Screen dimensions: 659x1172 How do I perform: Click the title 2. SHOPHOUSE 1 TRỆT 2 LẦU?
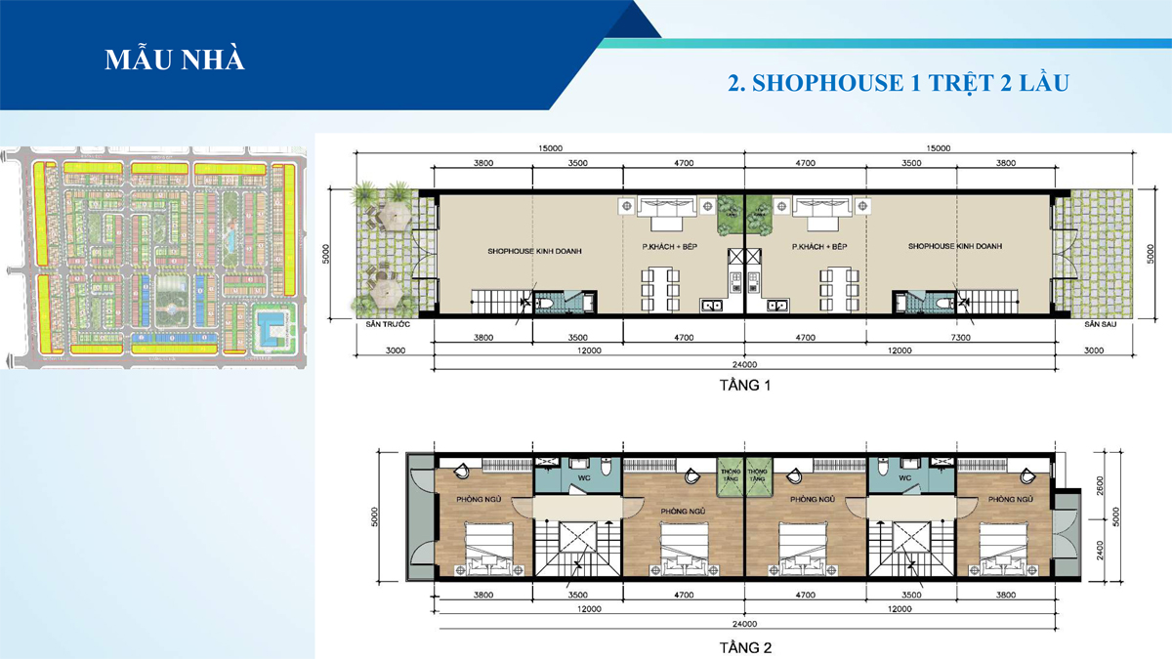coord(900,83)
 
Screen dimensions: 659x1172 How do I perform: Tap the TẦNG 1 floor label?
coord(745,386)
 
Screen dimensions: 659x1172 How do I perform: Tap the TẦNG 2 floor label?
coord(745,647)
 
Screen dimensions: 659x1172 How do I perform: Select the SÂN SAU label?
coord(1099,323)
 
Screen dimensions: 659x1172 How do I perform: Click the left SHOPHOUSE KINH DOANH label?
coord(534,250)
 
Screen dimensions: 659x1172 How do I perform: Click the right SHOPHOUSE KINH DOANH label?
coord(955,247)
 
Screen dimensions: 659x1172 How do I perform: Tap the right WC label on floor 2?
coord(904,478)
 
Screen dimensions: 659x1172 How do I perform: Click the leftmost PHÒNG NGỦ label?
coord(479,499)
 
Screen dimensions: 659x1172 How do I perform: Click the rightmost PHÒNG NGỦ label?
coord(1010,499)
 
